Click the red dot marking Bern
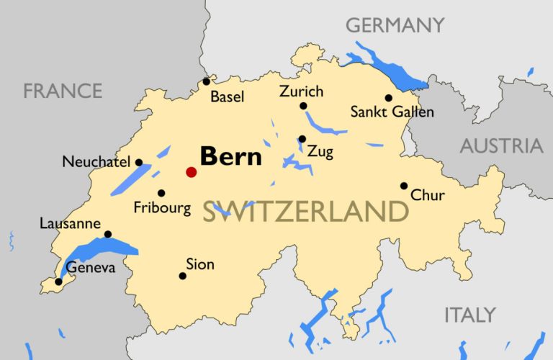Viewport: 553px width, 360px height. coord(191,171)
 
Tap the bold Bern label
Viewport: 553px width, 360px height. coord(230,156)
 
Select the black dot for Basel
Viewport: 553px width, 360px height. coord(207,81)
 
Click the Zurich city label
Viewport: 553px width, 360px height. coord(302,91)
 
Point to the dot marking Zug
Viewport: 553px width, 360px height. coord(302,139)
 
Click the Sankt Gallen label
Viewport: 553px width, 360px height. coord(392,112)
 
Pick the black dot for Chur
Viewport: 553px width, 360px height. coord(404,186)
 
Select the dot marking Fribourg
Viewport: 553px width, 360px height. coord(161,193)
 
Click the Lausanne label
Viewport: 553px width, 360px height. coord(70,224)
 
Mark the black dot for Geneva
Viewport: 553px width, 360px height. coord(58,282)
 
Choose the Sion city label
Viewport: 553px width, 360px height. coord(199,264)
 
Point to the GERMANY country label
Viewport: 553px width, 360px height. coord(395,25)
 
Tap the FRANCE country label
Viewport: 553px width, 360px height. coord(63,91)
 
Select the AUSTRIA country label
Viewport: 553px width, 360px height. coord(501,146)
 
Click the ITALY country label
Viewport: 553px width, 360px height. coord(469,315)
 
